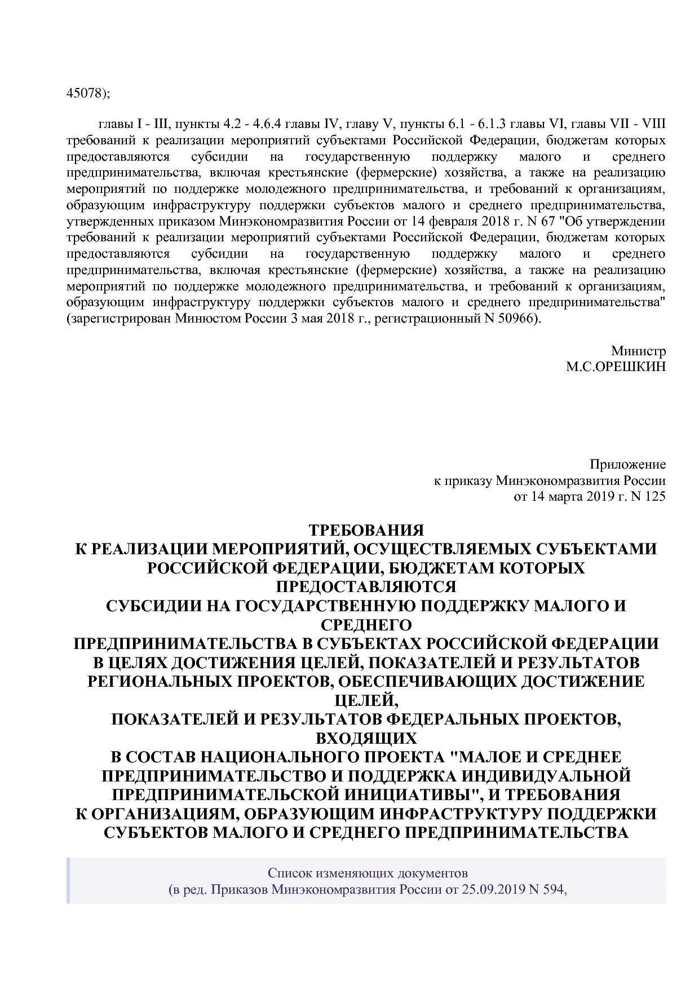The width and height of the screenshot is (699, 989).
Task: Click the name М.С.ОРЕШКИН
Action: tap(616, 367)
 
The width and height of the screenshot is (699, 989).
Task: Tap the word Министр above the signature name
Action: tap(638, 351)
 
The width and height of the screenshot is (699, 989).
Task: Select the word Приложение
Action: tap(627, 465)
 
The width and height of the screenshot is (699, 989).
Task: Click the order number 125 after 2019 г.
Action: tap(656, 497)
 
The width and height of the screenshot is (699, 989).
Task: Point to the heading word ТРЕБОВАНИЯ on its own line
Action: tap(366, 531)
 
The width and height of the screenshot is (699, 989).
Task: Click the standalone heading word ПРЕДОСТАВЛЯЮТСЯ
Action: tap(366, 587)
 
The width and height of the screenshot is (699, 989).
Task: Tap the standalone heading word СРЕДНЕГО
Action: tap(366, 625)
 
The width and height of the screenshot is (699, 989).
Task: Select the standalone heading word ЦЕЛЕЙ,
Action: tap(366, 700)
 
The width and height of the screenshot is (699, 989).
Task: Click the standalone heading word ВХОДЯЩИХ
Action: tap(366, 738)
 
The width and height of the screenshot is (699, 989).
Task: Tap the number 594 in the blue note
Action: tap(553, 890)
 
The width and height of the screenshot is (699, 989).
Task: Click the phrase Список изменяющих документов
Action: tap(368, 874)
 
